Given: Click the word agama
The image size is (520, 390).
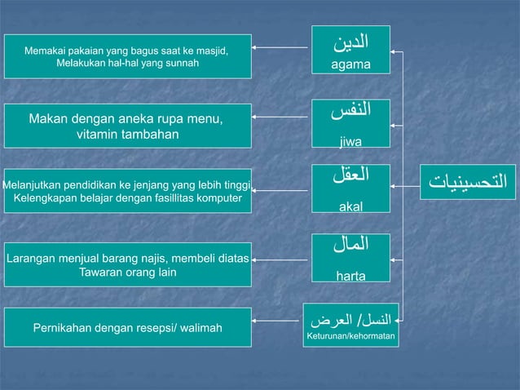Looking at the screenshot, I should pyautogui.click(x=350, y=64).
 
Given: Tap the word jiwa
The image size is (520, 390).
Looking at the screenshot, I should pyautogui.click(x=351, y=141).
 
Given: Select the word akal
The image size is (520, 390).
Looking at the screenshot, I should pyautogui.click(x=351, y=208).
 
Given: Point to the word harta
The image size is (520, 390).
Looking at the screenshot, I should pyautogui.click(x=351, y=277).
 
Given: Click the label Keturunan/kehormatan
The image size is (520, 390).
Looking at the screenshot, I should pyautogui.click(x=351, y=335).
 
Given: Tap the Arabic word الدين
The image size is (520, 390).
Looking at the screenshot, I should pyautogui.click(x=351, y=41).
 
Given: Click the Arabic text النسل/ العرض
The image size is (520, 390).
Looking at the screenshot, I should pyautogui.click(x=351, y=317).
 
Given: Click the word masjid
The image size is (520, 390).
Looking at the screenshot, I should pyautogui.click(x=209, y=51).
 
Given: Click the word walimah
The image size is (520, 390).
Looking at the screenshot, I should pyautogui.click(x=199, y=329).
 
